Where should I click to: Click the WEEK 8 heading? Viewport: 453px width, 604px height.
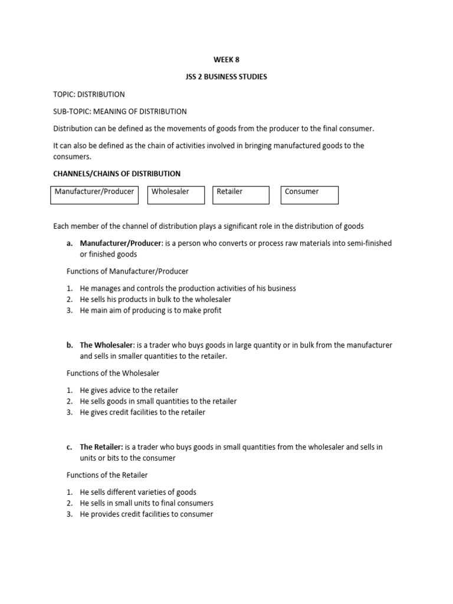pos(226,60)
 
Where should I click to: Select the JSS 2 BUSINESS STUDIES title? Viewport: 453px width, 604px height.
pos(226,77)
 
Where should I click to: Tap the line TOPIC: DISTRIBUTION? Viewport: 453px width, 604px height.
pos(89,94)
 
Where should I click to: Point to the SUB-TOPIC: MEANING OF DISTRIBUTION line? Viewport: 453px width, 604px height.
pos(120,111)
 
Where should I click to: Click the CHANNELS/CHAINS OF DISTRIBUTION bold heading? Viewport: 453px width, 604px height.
pos(117,173)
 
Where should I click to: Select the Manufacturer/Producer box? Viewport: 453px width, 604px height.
pos(94,195)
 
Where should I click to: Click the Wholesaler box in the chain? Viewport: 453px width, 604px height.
pos(176,195)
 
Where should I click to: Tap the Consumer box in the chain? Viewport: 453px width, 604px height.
pos(309,195)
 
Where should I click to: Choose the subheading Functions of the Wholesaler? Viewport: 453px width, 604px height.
pos(112,373)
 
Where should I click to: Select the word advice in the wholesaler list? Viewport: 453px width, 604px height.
pos(123,390)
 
